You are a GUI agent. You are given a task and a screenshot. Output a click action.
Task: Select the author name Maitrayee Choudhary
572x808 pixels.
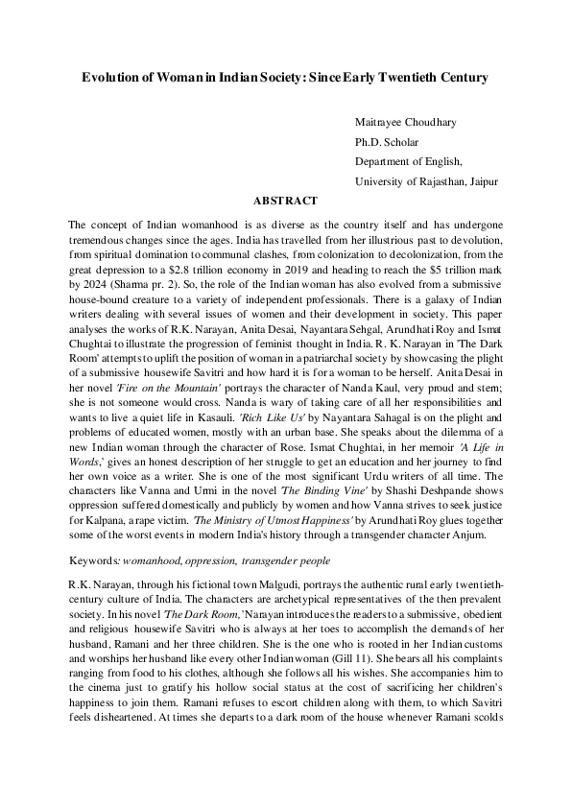pyautogui.click(x=408, y=123)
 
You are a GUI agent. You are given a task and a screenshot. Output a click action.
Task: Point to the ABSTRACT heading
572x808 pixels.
pyautogui.click(x=285, y=201)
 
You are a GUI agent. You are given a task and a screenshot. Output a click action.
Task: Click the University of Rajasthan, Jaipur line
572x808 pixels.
pyautogui.click(x=426, y=180)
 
